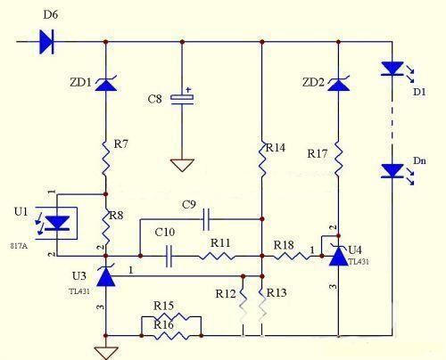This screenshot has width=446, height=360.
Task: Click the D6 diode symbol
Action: [46, 42]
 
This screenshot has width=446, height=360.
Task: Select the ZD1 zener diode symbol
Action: [106, 84]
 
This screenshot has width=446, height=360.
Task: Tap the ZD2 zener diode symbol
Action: [338, 84]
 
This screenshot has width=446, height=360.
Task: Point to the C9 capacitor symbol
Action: [206, 219]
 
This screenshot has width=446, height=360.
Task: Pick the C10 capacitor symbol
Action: [169, 256]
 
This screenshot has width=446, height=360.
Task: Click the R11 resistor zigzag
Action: [216, 256]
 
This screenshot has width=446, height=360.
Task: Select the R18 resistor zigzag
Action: [292, 256]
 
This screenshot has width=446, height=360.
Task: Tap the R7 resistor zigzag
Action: [106, 159]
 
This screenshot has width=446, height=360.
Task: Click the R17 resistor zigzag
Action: [338, 159]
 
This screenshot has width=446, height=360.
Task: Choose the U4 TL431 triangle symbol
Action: [338, 255]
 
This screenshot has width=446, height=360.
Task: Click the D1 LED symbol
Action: [392, 69]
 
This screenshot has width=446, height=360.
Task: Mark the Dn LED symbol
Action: [392, 171]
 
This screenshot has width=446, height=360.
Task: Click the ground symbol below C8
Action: [182, 165]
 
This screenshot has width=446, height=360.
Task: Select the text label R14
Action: [276, 148]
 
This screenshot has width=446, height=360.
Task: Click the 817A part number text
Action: [19, 246]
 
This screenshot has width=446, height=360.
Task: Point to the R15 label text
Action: [163, 306]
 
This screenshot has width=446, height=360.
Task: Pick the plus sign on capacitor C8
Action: [188, 89]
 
